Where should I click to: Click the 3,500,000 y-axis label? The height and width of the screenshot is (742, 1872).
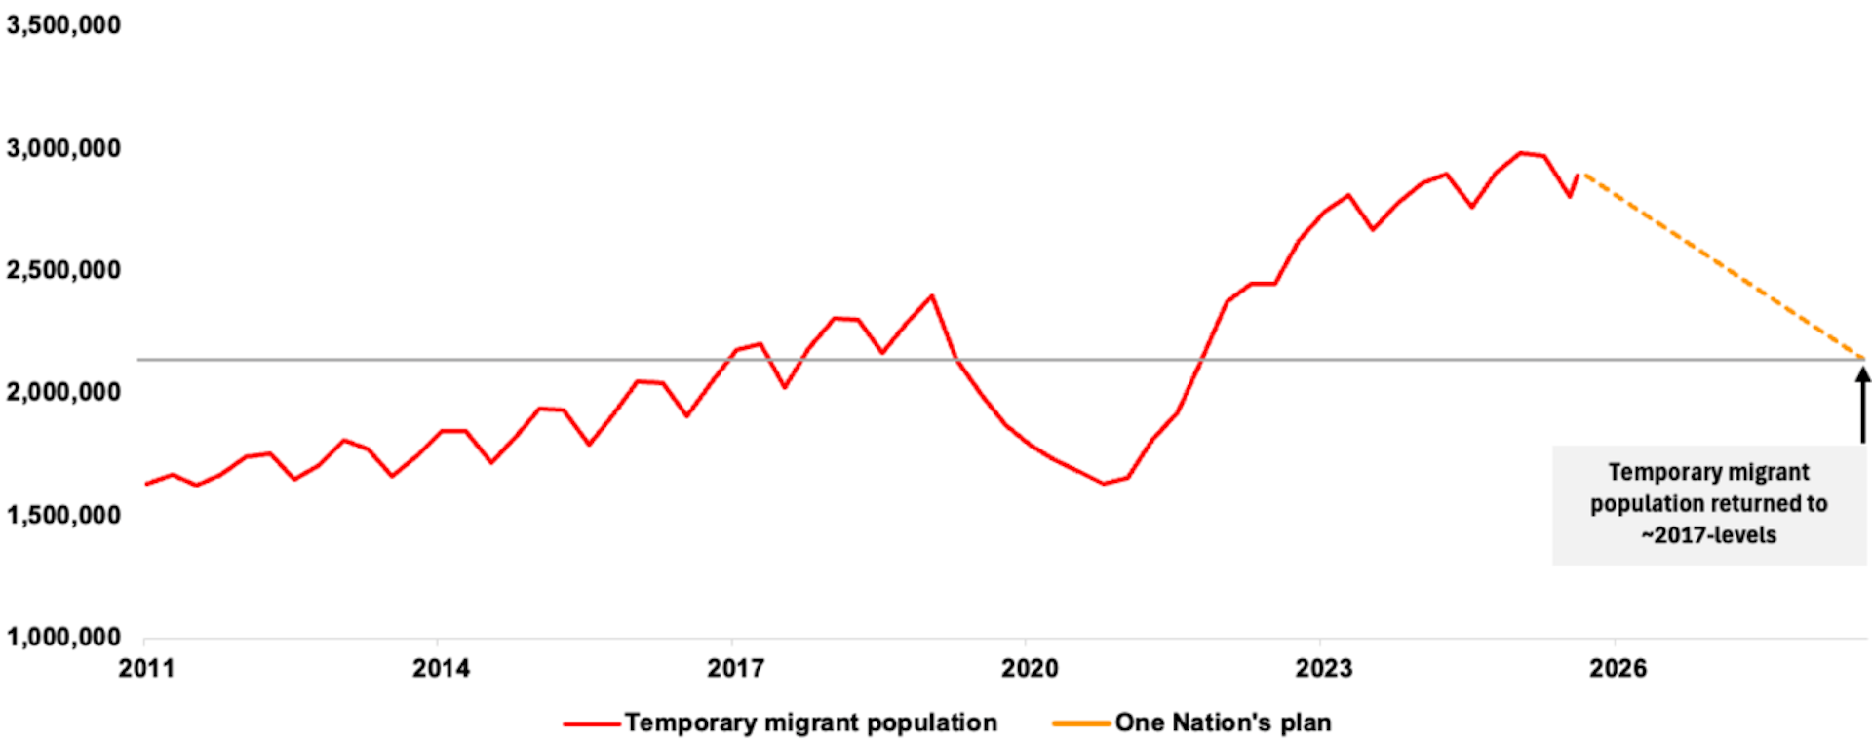coord(63,25)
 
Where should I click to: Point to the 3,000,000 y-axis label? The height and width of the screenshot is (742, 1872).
coord(63,148)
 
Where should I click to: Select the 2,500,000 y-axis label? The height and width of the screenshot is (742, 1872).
coord(63,270)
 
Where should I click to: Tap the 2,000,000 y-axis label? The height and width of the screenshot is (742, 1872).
coord(63,392)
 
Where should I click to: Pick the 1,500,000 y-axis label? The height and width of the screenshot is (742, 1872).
coord(63,515)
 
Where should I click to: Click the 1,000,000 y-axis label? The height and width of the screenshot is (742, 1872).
coord(63,637)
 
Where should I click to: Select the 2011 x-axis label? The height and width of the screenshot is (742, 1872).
coord(146,669)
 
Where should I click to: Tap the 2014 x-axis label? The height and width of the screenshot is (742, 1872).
coord(441,669)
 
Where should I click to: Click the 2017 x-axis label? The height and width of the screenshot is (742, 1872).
coord(735,669)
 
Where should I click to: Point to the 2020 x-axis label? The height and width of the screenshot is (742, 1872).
coord(1030,669)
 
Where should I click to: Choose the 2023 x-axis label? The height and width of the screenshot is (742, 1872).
coord(1324,669)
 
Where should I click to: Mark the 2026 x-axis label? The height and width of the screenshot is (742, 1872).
coord(1618,669)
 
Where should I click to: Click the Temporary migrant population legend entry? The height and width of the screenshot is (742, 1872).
coord(780,723)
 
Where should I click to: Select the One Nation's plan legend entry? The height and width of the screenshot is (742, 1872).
coord(1191,723)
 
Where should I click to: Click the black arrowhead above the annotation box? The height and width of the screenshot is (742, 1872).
coord(1862,373)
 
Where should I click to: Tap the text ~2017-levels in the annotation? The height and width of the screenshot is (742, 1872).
coord(1708,535)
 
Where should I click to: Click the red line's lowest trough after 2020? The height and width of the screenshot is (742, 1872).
coord(1104,484)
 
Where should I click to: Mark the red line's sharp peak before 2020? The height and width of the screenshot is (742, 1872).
coord(931,295)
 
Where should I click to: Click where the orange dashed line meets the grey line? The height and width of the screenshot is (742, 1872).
coord(1863,360)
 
